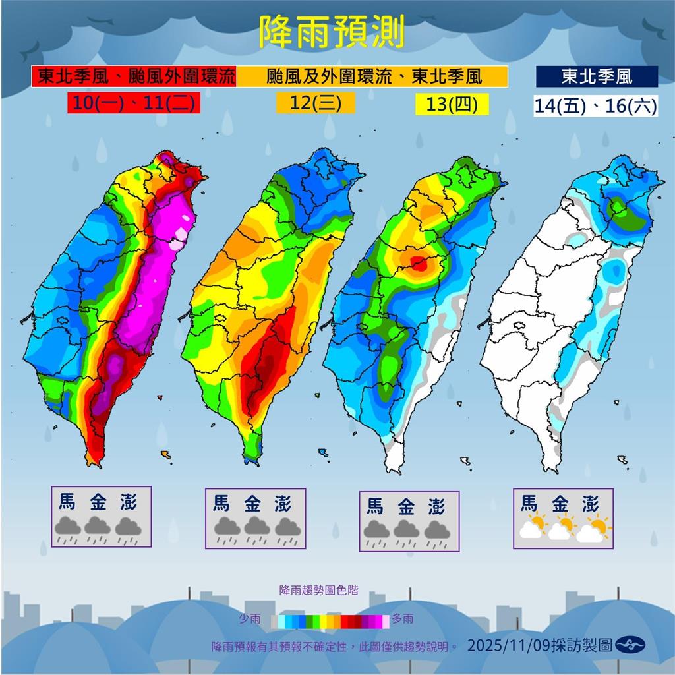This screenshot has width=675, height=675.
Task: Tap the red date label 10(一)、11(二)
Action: pyautogui.click(x=134, y=103)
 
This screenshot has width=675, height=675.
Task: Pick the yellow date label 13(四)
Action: pyautogui.click(x=452, y=104)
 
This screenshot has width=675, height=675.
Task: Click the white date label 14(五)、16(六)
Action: pyautogui.click(x=595, y=105)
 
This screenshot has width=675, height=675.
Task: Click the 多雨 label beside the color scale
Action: pyautogui.click(x=403, y=619)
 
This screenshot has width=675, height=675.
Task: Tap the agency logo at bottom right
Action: pyautogui.click(x=630, y=645)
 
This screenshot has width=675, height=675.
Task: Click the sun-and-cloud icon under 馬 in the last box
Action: pyautogui.click(x=531, y=527)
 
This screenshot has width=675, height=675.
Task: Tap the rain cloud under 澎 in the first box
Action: pyautogui.click(x=127, y=528)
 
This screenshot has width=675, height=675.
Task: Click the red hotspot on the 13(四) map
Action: pyautogui.click(x=418, y=264)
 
